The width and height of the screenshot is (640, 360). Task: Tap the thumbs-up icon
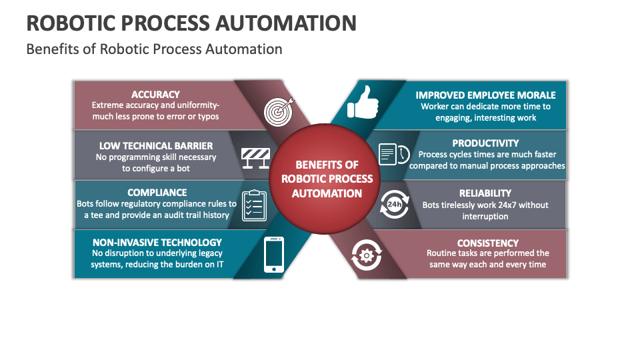click(x=363, y=104)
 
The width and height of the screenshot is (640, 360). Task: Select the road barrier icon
click(x=255, y=158)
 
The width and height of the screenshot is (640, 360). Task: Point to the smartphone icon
click(x=274, y=255)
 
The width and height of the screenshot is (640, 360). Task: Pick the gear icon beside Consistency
click(x=366, y=255)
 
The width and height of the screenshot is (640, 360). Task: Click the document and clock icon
click(x=393, y=154)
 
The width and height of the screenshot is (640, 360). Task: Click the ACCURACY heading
click(x=155, y=95)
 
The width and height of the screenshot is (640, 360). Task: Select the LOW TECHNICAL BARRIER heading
click(x=156, y=145)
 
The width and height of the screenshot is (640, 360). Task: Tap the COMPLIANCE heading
click(x=157, y=193)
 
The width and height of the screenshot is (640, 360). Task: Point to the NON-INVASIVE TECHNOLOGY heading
click(x=157, y=243)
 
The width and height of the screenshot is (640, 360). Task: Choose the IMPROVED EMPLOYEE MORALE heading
click(x=485, y=95)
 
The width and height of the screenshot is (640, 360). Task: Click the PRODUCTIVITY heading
click(x=485, y=143)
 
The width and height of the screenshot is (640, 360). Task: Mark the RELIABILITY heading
click(x=485, y=193)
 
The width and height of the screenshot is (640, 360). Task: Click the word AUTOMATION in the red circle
click(x=327, y=193)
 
